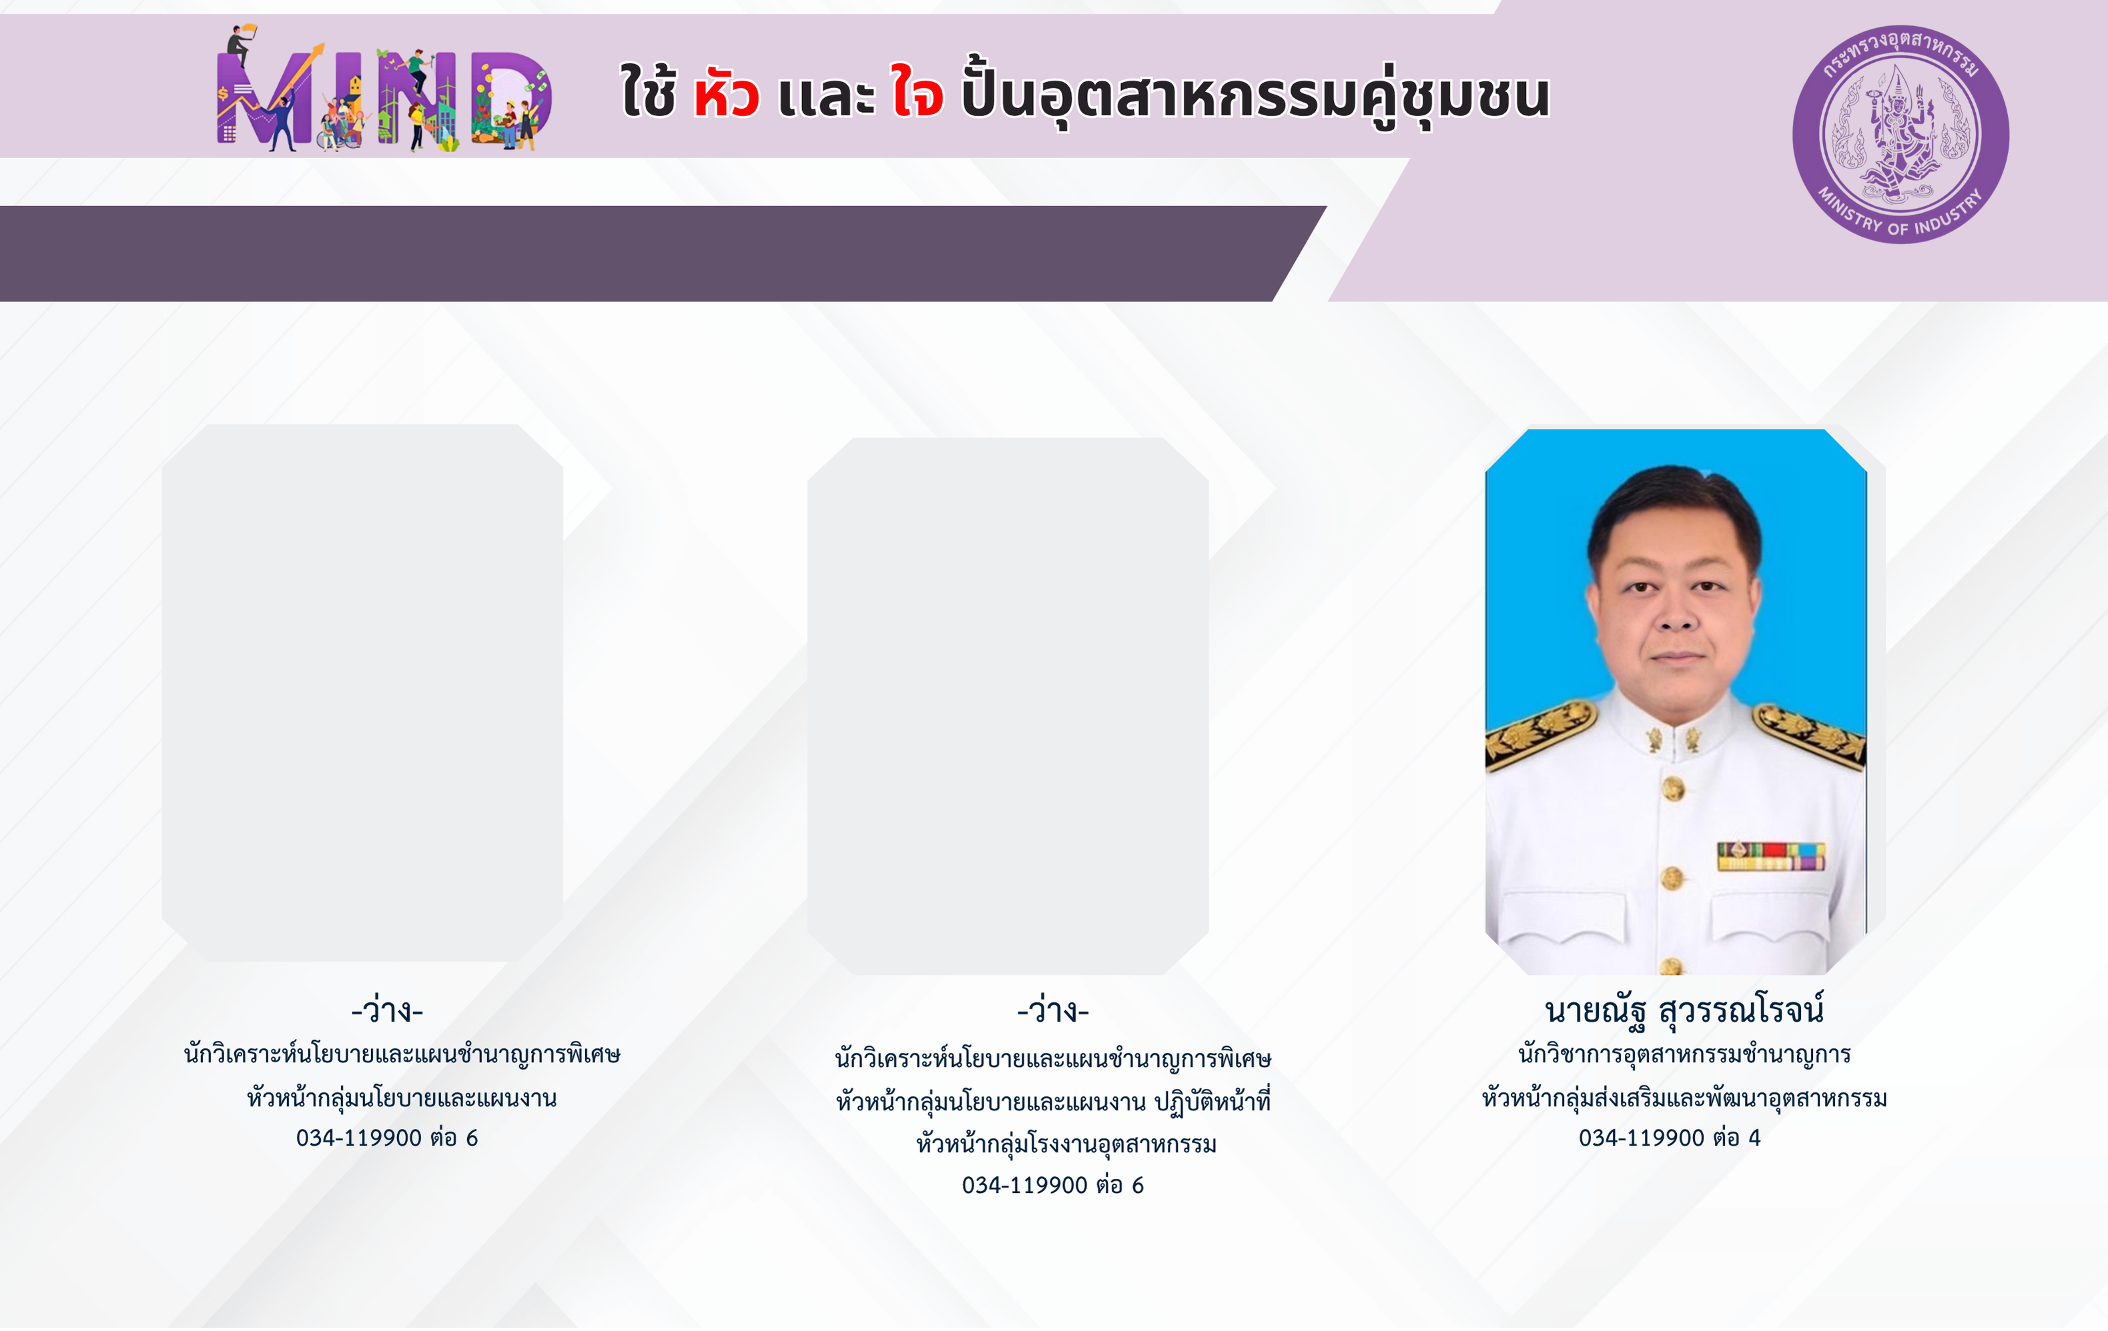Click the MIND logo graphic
click(x=384, y=89)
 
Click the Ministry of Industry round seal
click(x=1900, y=135)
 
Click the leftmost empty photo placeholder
click(x=362, y=693)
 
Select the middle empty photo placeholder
click(x=1008, y=706)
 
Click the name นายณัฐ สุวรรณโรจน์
click(x=1684, y=1010)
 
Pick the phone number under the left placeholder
click(x=387, y=1138)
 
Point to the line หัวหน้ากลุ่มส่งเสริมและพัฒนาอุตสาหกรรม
click(x=1684, y=1098)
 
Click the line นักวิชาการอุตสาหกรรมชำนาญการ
click(x=1684, y=1054)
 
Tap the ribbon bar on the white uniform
click(x=1771, y=856)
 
